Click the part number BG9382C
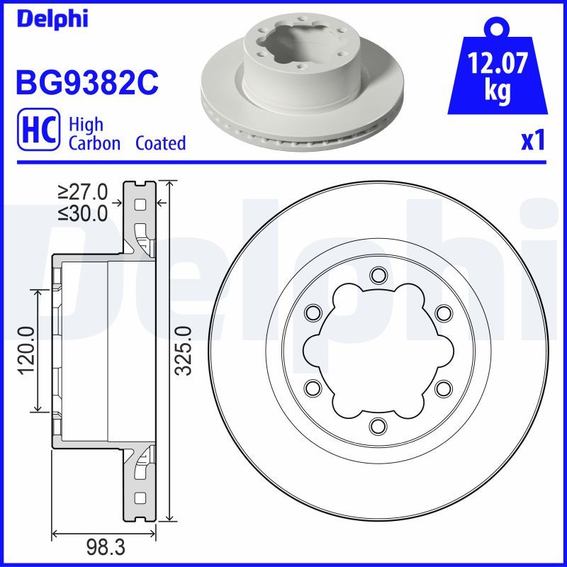point(86,84)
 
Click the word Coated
point(160,143)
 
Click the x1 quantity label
point(532,141)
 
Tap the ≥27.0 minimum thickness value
point(84,191)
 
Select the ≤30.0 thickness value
point(84,212)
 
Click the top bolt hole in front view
point(377,275)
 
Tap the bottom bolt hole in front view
point(377,425)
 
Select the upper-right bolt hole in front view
point(443,313)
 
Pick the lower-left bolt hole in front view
point(312,388)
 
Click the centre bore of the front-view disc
point(377,350)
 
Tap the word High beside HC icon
point(86,125)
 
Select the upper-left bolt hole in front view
point(312,313)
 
